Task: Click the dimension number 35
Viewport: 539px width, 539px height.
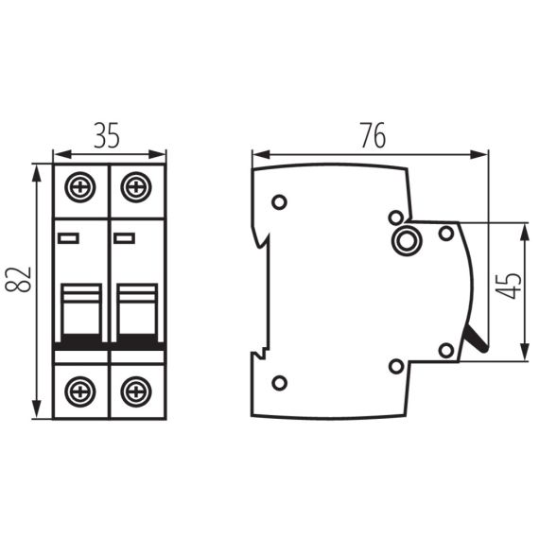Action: coord(107,137)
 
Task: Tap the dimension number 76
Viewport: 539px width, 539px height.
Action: coord(372,136)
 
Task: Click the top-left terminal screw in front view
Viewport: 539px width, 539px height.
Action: coord(80,186)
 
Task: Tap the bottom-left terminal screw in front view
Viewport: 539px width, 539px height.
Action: coord(80,390)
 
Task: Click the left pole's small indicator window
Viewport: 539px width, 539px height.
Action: coord(68,237)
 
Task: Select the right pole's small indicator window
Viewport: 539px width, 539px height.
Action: coord(124,237)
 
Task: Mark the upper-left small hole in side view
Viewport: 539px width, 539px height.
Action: coord(279,201)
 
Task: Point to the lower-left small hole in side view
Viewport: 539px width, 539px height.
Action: coord(279,382)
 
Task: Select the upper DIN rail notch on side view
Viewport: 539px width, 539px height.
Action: coord(259,236)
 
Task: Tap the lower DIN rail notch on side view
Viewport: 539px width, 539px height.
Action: coord(257,357)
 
